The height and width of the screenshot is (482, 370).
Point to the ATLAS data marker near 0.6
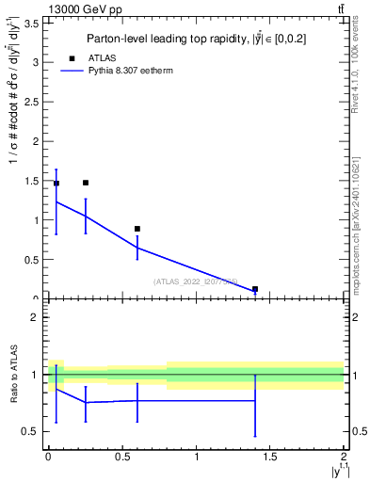(x=137, y=229)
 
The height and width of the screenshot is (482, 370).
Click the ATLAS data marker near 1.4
(x=255, y=289)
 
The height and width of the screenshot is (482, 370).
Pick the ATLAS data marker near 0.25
(x=86, y=183)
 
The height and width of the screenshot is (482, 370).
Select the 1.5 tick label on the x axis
(x=269, y=457)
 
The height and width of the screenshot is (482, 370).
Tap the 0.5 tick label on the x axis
(x=121, y=457)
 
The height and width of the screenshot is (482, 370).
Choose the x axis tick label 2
(x=344, y=457)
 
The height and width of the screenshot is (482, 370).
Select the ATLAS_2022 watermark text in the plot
(x=196, y=281)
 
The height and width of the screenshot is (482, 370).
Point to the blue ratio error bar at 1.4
(x=255, y=405)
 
